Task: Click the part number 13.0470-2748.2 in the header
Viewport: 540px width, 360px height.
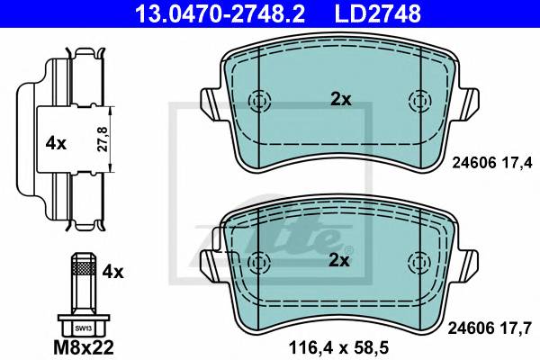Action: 220,13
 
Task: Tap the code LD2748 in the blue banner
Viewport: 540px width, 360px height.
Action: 377,13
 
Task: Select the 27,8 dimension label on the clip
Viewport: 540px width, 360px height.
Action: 103,139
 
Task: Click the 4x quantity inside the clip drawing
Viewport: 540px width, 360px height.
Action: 56,143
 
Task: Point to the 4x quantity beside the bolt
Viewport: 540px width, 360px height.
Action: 112,272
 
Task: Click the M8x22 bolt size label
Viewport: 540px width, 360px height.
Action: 84,347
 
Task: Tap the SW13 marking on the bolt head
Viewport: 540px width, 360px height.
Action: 84,328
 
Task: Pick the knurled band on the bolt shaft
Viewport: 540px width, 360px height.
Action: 84,267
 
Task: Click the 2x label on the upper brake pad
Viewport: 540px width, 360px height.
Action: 340,100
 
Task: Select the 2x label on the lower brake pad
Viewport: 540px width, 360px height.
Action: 339,260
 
